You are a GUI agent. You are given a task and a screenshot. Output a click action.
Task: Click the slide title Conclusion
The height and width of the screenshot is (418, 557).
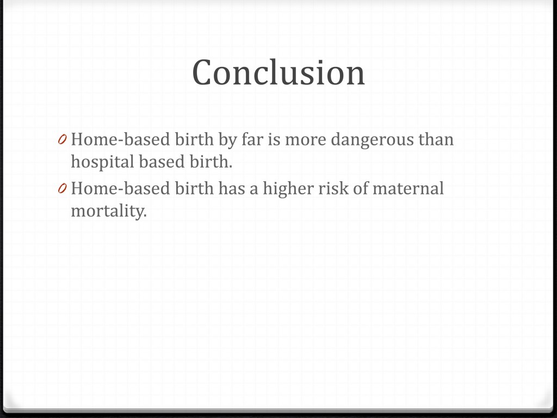[x=278, y=72]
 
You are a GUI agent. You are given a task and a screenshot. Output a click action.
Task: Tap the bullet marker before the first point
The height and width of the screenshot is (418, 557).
[x=63, y=140]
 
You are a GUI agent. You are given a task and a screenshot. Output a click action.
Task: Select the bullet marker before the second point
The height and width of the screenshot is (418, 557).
[x=63, y=189]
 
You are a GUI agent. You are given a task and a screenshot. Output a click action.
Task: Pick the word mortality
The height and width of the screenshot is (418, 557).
[x=109, y=212]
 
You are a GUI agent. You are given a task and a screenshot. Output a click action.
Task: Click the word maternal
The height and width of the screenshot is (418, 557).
[x=408, y=188]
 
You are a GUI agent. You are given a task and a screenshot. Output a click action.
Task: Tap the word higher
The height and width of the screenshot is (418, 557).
[x=288, y=189]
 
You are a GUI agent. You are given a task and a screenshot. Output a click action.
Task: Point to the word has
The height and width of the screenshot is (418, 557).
[x=232, y=188]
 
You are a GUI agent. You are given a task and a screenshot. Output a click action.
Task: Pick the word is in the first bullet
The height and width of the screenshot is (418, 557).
[x=274, y=139]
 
